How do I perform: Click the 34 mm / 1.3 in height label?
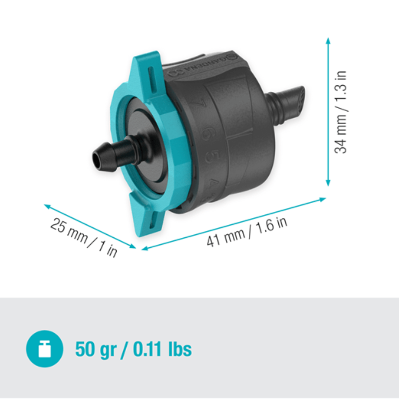pyautogui.click(x=341, y=112)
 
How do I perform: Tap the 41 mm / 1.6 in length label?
pyautogui.click(x=246, y=231)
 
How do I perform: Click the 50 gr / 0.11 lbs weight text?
pyautogui.click(x=133, y=349)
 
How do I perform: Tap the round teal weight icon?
pyautogui.click(x=44, y=349)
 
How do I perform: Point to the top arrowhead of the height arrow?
pyautogui.click(x=328, y=41)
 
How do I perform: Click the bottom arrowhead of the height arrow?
pyautogui.click(x=328, y=183)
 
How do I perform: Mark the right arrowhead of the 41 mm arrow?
pyautogui.click(x=322, y=199)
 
